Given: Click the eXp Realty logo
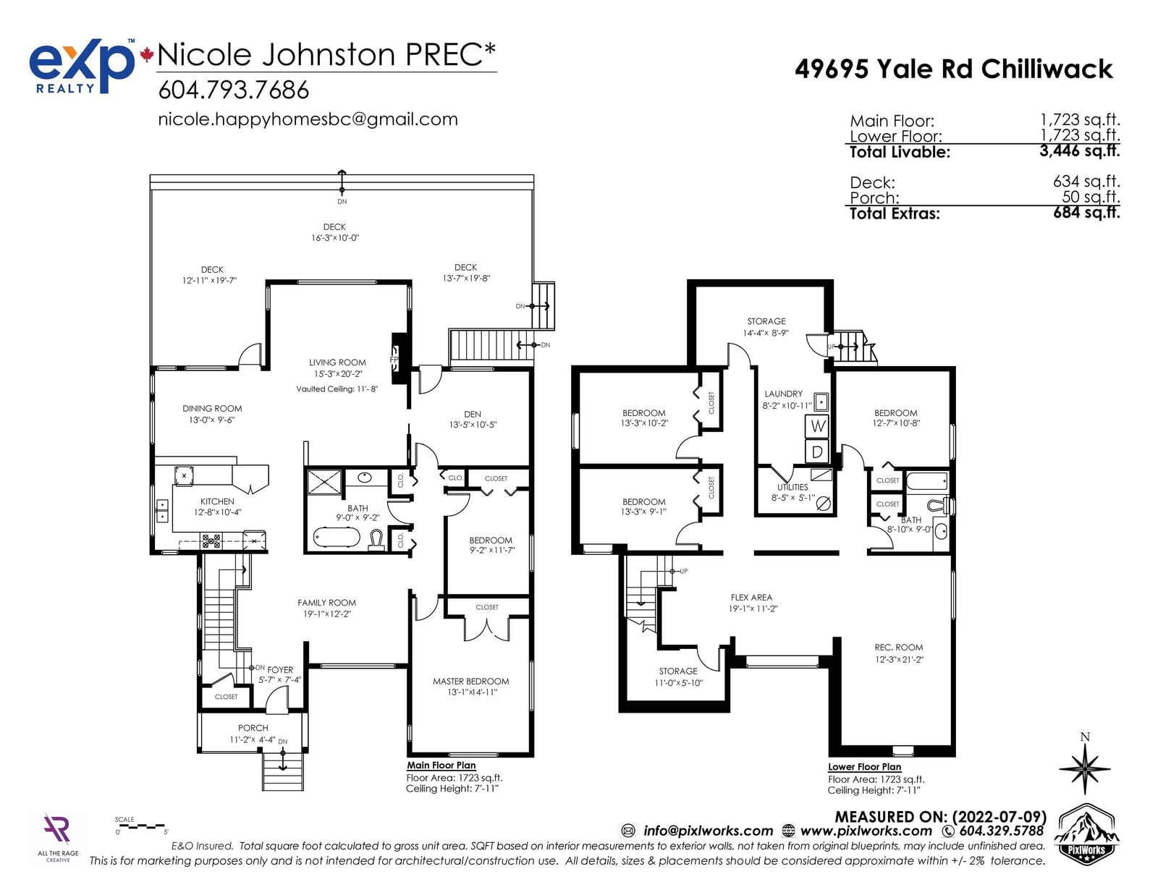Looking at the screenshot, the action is (x=82, y=66).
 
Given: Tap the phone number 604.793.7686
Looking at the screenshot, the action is (x=234, y=90).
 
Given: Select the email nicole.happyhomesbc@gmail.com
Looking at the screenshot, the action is (x=308, y=119).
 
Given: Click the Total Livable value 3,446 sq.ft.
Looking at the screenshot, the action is (x=1079, y=151).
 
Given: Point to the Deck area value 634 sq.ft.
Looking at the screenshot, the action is (x=1086, y=182).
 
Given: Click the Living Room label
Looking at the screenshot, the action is (x=337, y=362).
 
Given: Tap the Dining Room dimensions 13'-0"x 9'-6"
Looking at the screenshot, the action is (x=211, y=420).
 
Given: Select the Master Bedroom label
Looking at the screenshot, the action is (x=470, y=682).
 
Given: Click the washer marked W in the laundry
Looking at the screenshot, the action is (x=817, y=425).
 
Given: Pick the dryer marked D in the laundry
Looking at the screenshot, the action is (x=817, y=451).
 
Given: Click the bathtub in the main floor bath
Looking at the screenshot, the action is (x=337, y=538).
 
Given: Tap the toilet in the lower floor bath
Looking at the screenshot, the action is (x=941, y=505).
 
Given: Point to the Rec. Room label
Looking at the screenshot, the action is (x=898, y=648).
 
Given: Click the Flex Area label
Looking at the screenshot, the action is (x=751, y=598).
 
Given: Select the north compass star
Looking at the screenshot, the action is (x=1085, y=768).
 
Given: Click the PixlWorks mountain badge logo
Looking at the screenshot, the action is (x=1086, y=834).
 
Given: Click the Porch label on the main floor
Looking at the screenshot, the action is (x=253, y=728).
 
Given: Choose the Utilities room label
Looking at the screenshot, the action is (x=793, y=487).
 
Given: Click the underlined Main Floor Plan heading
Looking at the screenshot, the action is (x=441, y=765).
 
